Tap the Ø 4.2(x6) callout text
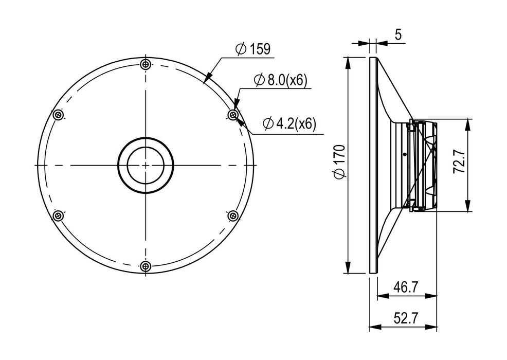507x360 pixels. (x=289, y=123)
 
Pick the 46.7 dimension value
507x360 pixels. (x=406, y=286)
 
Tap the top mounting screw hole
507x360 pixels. (x=146, y=64)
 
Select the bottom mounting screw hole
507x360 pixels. (x=146, y=266)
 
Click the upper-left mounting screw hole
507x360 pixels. (x=59, y=115)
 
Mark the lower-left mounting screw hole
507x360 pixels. (x=59, y=215)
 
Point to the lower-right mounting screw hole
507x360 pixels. (x=233, y=215)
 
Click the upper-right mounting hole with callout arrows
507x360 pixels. (x=233, y=115)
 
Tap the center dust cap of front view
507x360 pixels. (x=146, y=165)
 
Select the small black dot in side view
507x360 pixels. (x=405, y=154)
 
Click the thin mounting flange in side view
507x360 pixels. (x=373, y=165)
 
